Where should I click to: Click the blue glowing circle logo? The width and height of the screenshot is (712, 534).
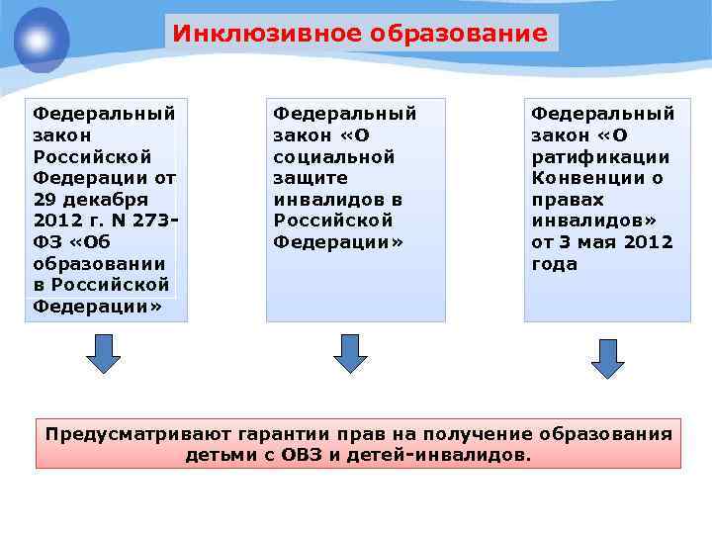pyautogui.click(x=41, y=41)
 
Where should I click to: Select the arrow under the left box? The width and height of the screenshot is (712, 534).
pyautogui.click(x=102, y=353)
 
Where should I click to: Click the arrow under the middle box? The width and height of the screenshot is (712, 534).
pyautogui.click(x=350, y=353)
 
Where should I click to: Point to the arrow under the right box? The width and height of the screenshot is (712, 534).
pyautogui.click(x=608, y=358)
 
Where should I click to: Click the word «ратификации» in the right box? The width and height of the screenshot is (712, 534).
pyautogui.click(x=600, y=156)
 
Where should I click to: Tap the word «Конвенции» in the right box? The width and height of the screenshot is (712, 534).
pyautogui.click(x=589, y=178)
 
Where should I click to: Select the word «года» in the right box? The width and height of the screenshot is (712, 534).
pyautogui.click(x=555, y=264)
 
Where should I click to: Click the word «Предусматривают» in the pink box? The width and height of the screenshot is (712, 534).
pyautogui.click(x=134, y=434)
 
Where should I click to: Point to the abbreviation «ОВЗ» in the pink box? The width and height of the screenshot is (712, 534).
pyautogui.click(x=301, y=455)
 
